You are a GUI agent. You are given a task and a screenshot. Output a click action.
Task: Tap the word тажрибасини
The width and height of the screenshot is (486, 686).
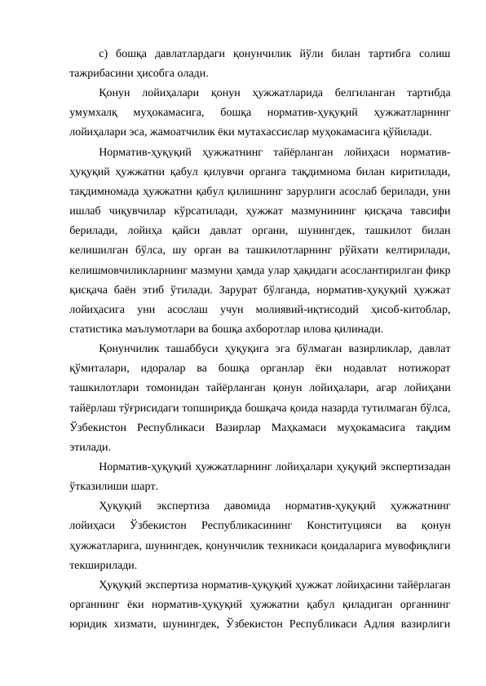coord(95,73)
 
